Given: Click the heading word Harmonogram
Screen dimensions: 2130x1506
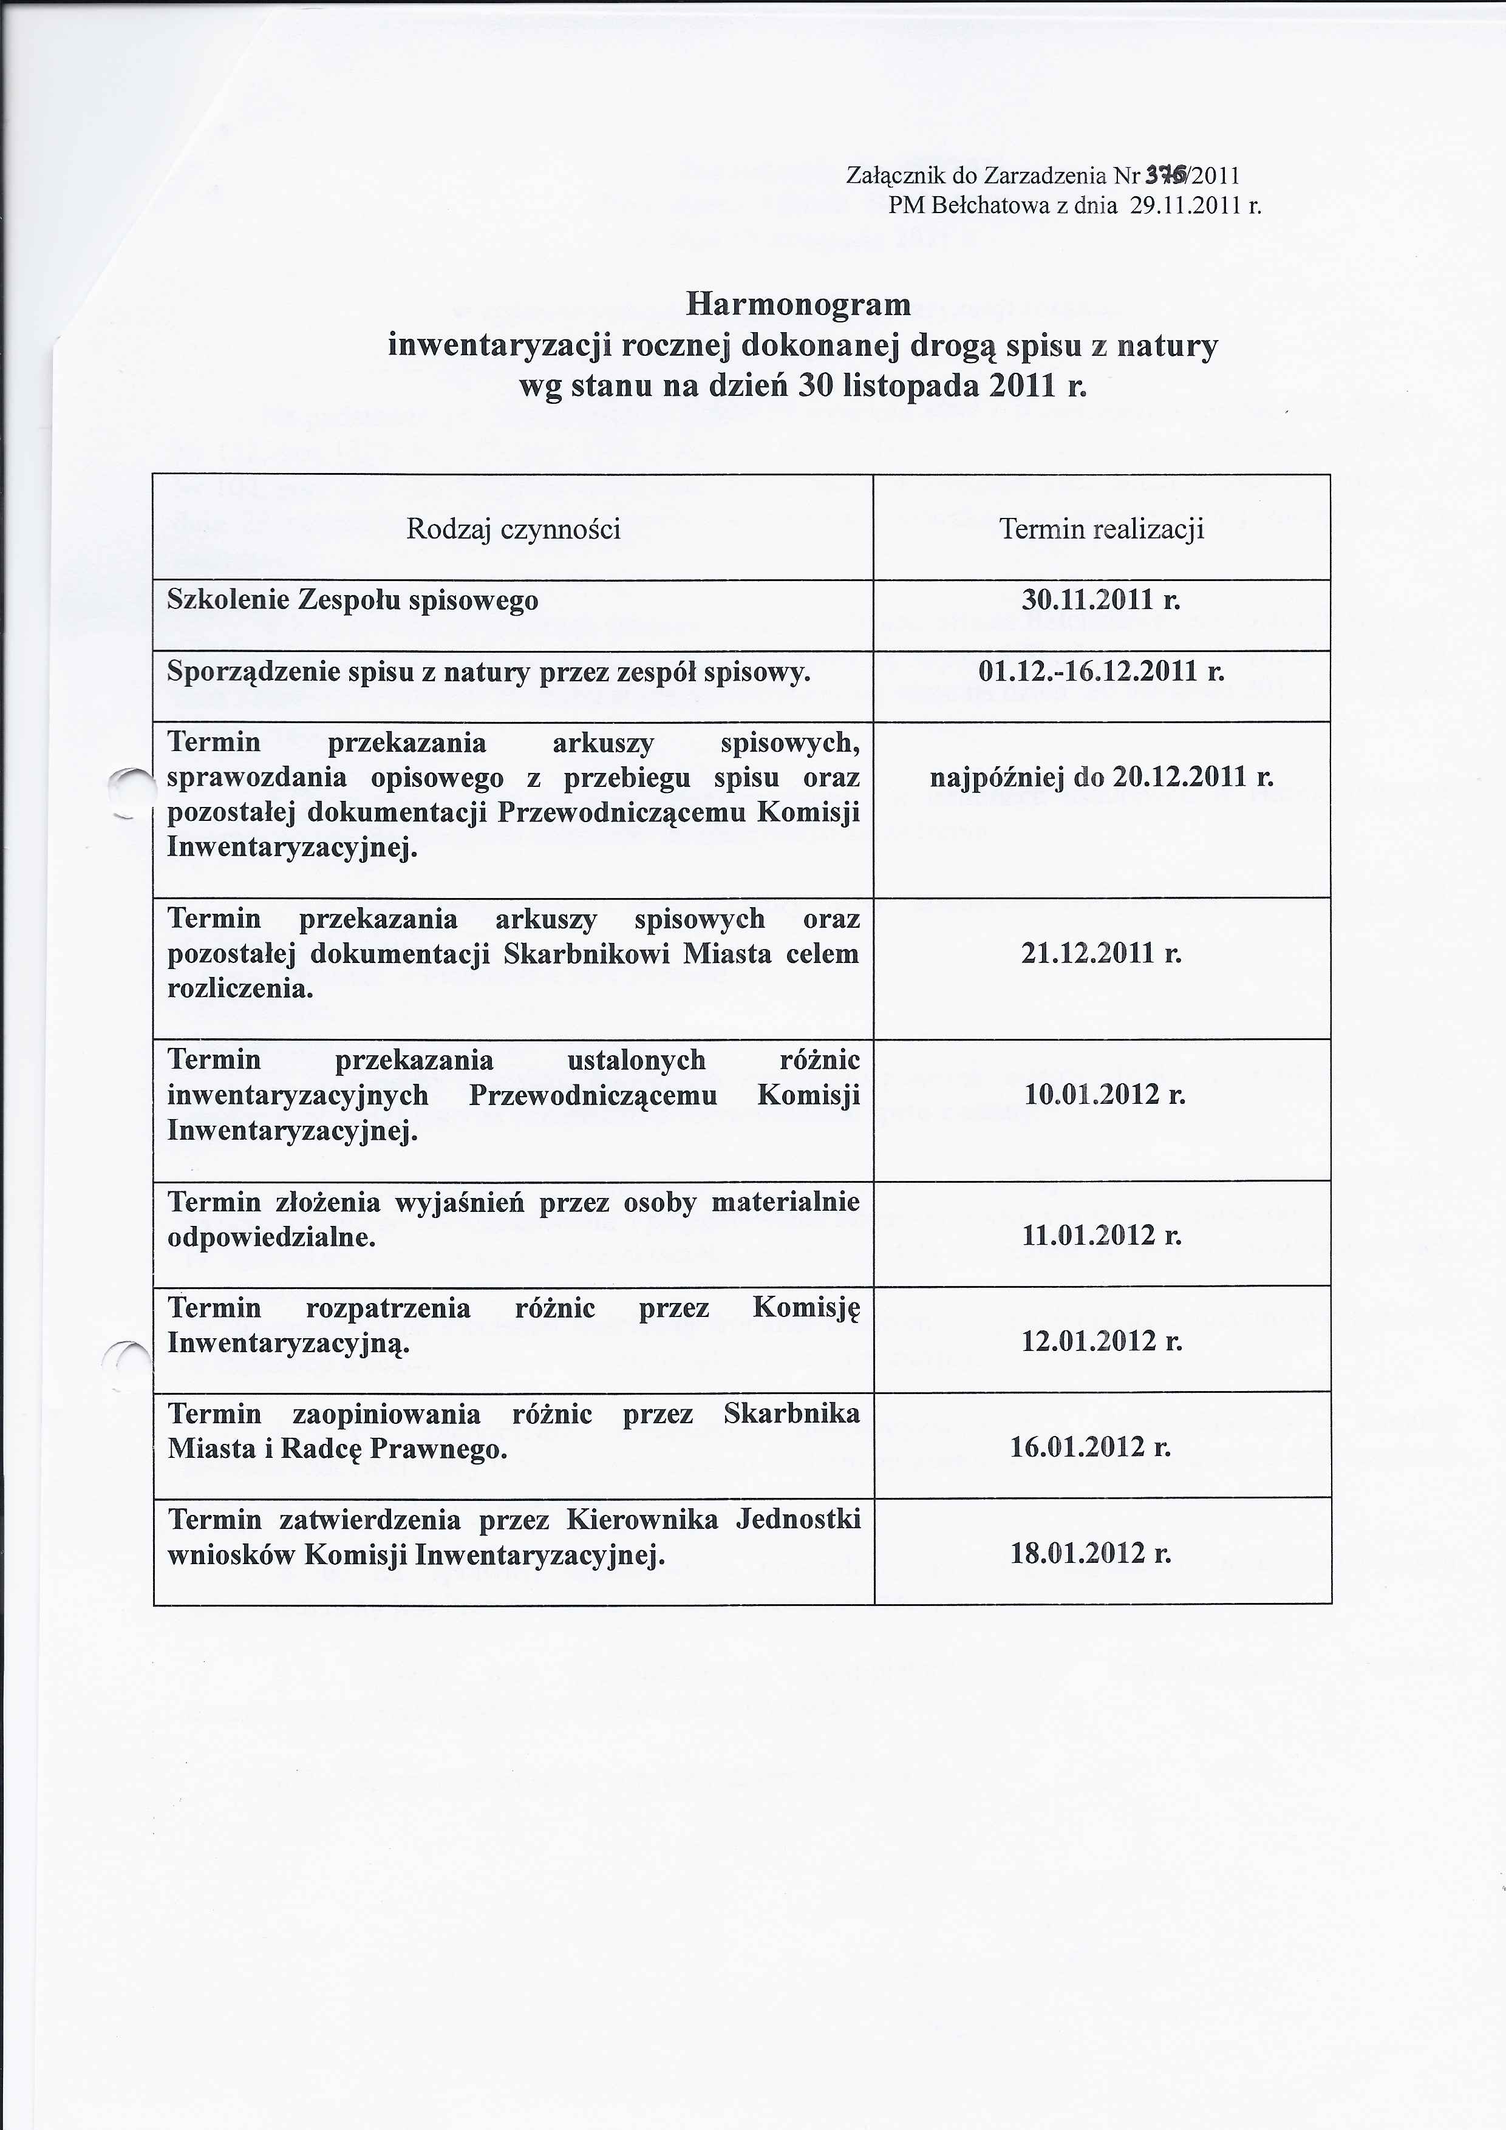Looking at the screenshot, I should [x=798, y=304].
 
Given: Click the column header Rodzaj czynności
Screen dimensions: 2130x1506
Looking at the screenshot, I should [x=513, y=529].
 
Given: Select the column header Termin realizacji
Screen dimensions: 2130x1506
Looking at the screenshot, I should [x=1102, y=529].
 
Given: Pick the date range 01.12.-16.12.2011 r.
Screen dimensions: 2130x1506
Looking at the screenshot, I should [x=1102, y=671].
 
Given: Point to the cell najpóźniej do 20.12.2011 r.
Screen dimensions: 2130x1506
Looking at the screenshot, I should [x=1102, y=777].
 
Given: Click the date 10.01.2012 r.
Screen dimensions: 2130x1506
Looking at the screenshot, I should [x=1104, y=1095].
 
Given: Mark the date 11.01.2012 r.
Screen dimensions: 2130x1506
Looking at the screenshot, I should [x=1102, y=1235].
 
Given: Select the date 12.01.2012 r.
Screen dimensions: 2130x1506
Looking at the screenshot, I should [x=1102, y=1341].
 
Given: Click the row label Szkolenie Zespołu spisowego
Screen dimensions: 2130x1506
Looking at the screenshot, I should [x=353, y=601].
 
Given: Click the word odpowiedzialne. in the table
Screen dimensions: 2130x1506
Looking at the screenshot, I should [x=271, y=1237].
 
